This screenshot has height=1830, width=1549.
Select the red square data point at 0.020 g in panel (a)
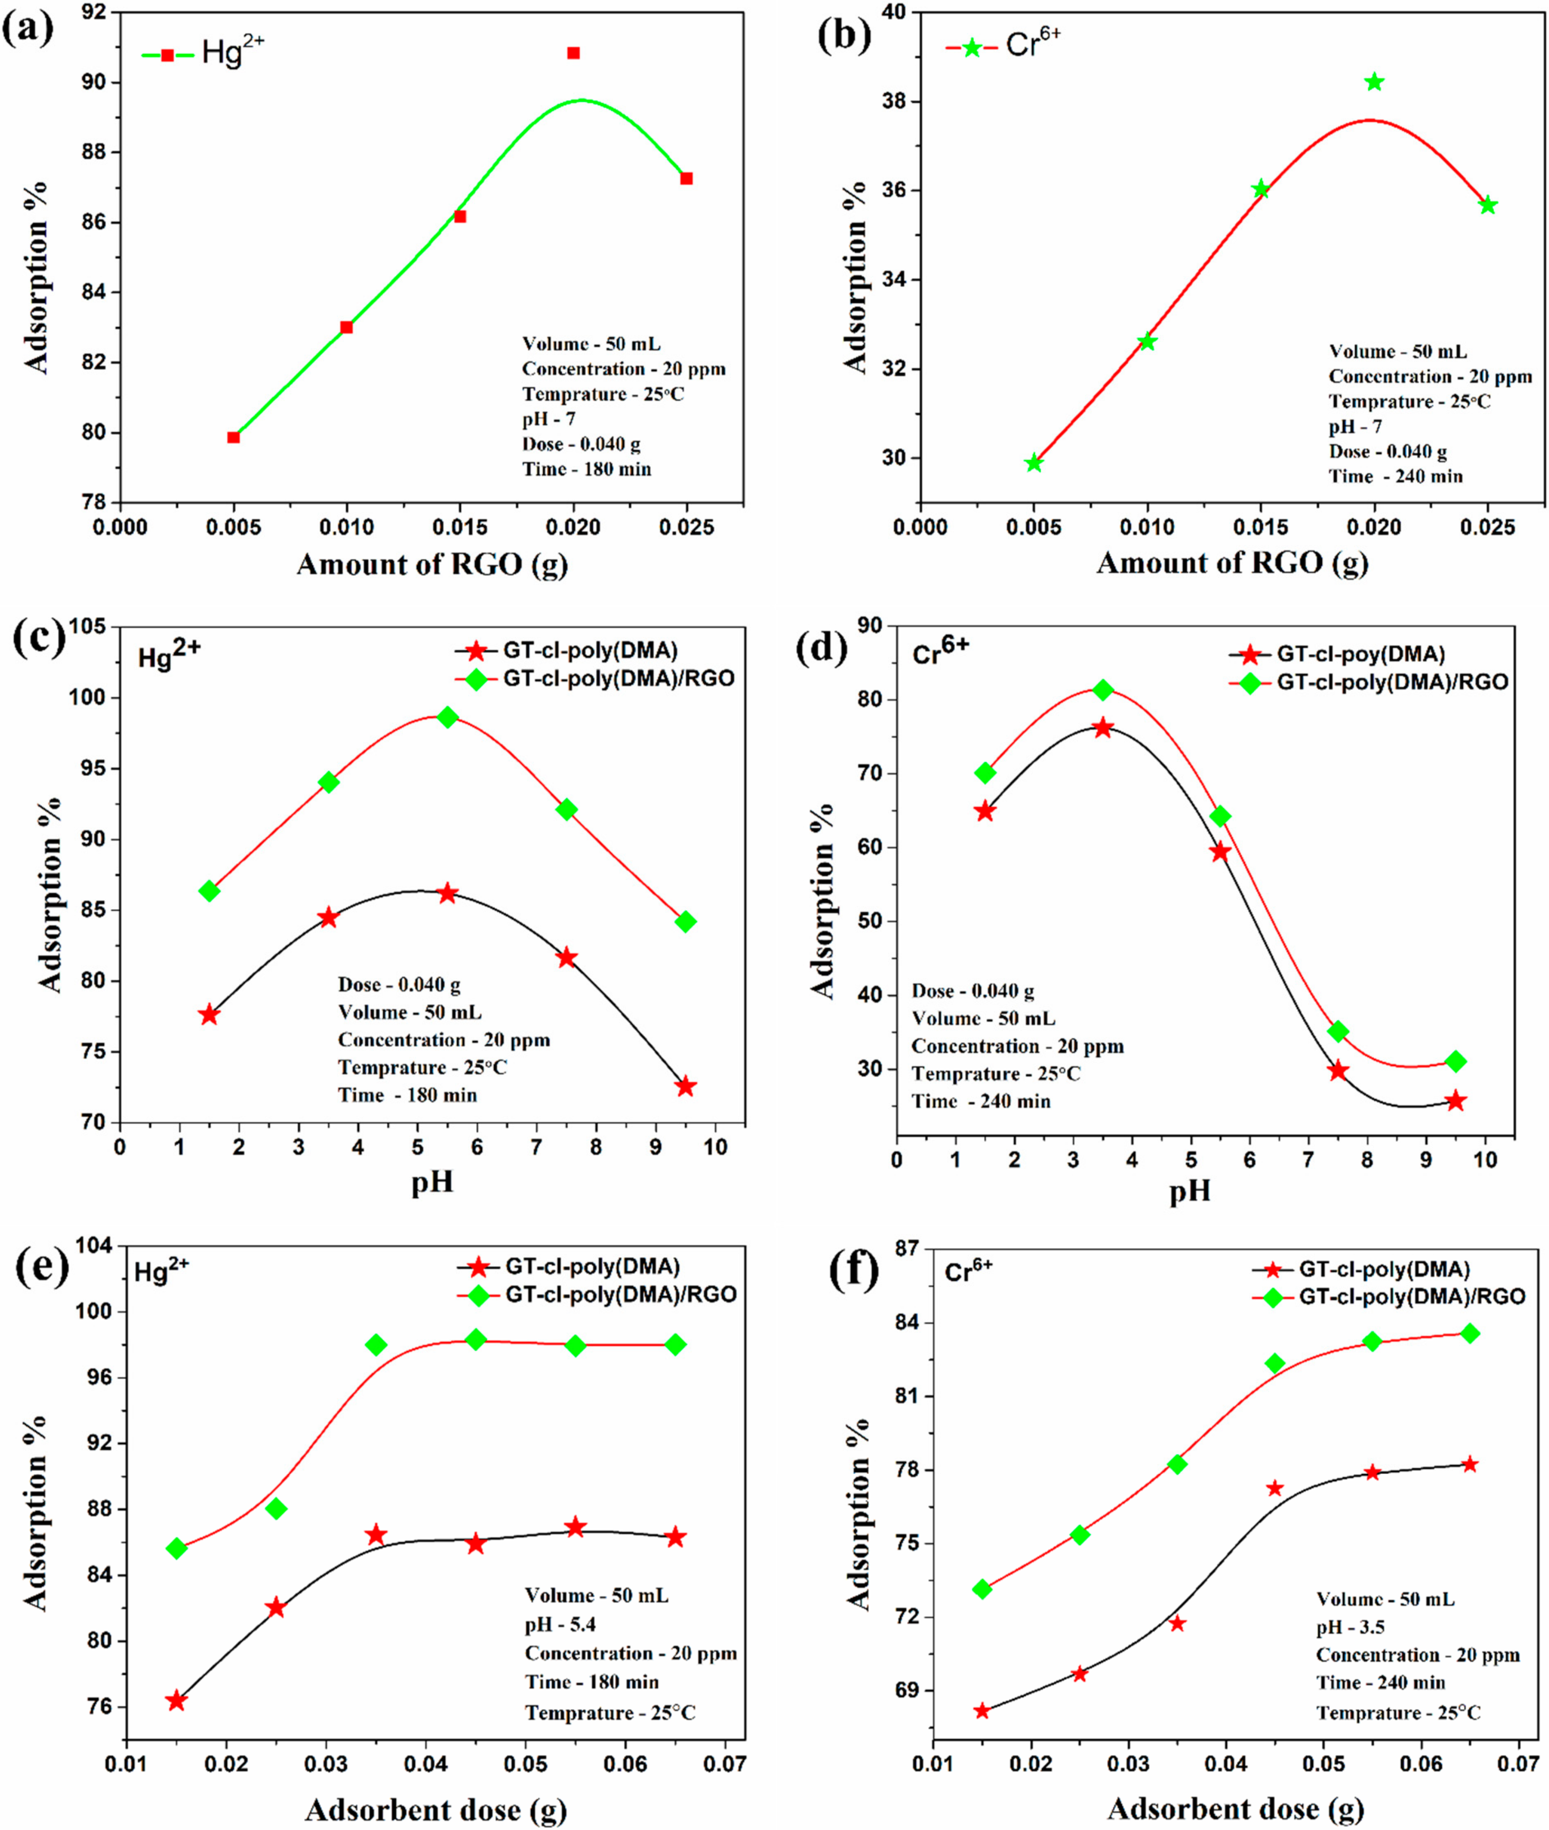click(x=573, y=54)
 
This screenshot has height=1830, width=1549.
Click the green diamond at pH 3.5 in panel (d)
click(x=1103, y=690)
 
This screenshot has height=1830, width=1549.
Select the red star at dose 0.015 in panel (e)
click(x=176, y=1701)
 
